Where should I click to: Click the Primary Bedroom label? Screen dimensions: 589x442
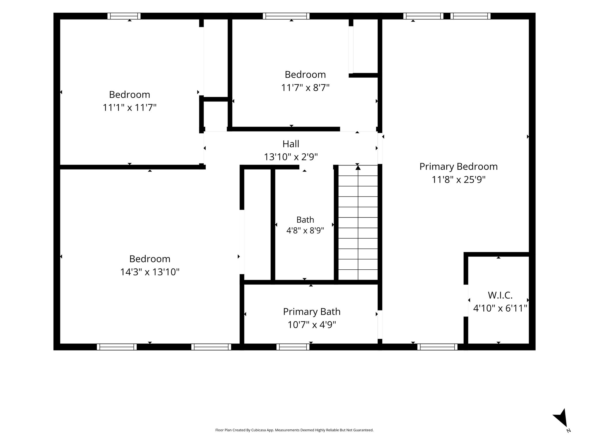pyautogui.click(x=458, y=167)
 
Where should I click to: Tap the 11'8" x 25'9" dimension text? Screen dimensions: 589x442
pyautogui.click(x=458, y=180)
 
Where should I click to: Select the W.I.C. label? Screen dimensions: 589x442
pyautogui.click(x=500, y=295)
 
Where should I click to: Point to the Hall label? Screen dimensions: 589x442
pyautogui.click(x=291, y=144)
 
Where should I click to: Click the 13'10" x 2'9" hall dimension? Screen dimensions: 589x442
pyautogui.click(x=291, y=157)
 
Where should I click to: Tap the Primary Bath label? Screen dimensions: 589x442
pyautogui.click(x=312, y=312)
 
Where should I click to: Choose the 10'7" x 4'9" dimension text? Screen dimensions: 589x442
pyautogui.click(x=312, y=325)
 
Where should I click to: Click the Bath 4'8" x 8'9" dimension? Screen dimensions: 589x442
pyautogui.click(x=305, y=230)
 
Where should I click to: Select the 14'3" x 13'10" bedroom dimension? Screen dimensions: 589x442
pyautogui.click(x=150, y=272)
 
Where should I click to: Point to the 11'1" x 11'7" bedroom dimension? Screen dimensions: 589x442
pyautogui.click(x=130, y=108)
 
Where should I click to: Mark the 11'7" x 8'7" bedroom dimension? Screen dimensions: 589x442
pyautogui.click(x=305, y=88)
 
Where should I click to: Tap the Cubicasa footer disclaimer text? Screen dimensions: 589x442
pyautogui.click(x=294, y=430)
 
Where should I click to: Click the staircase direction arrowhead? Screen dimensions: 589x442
pyautogui.click(x=358, y=167)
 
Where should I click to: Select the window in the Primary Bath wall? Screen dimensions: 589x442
pyautogui.click(x=293, y=347)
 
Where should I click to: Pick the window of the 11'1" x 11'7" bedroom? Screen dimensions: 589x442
pyautogui.click(x=124, y=16)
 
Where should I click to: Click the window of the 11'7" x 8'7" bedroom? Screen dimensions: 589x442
pyautogui.click(x=286, y=16)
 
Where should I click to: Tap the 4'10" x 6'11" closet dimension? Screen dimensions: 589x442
pyautogui.click(x=500, y=308)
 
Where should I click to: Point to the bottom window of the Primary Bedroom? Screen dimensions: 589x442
pyautogui.click(x=437, y=347)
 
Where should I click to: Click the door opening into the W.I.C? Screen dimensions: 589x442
pyautogui.click(x=466, y=300)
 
